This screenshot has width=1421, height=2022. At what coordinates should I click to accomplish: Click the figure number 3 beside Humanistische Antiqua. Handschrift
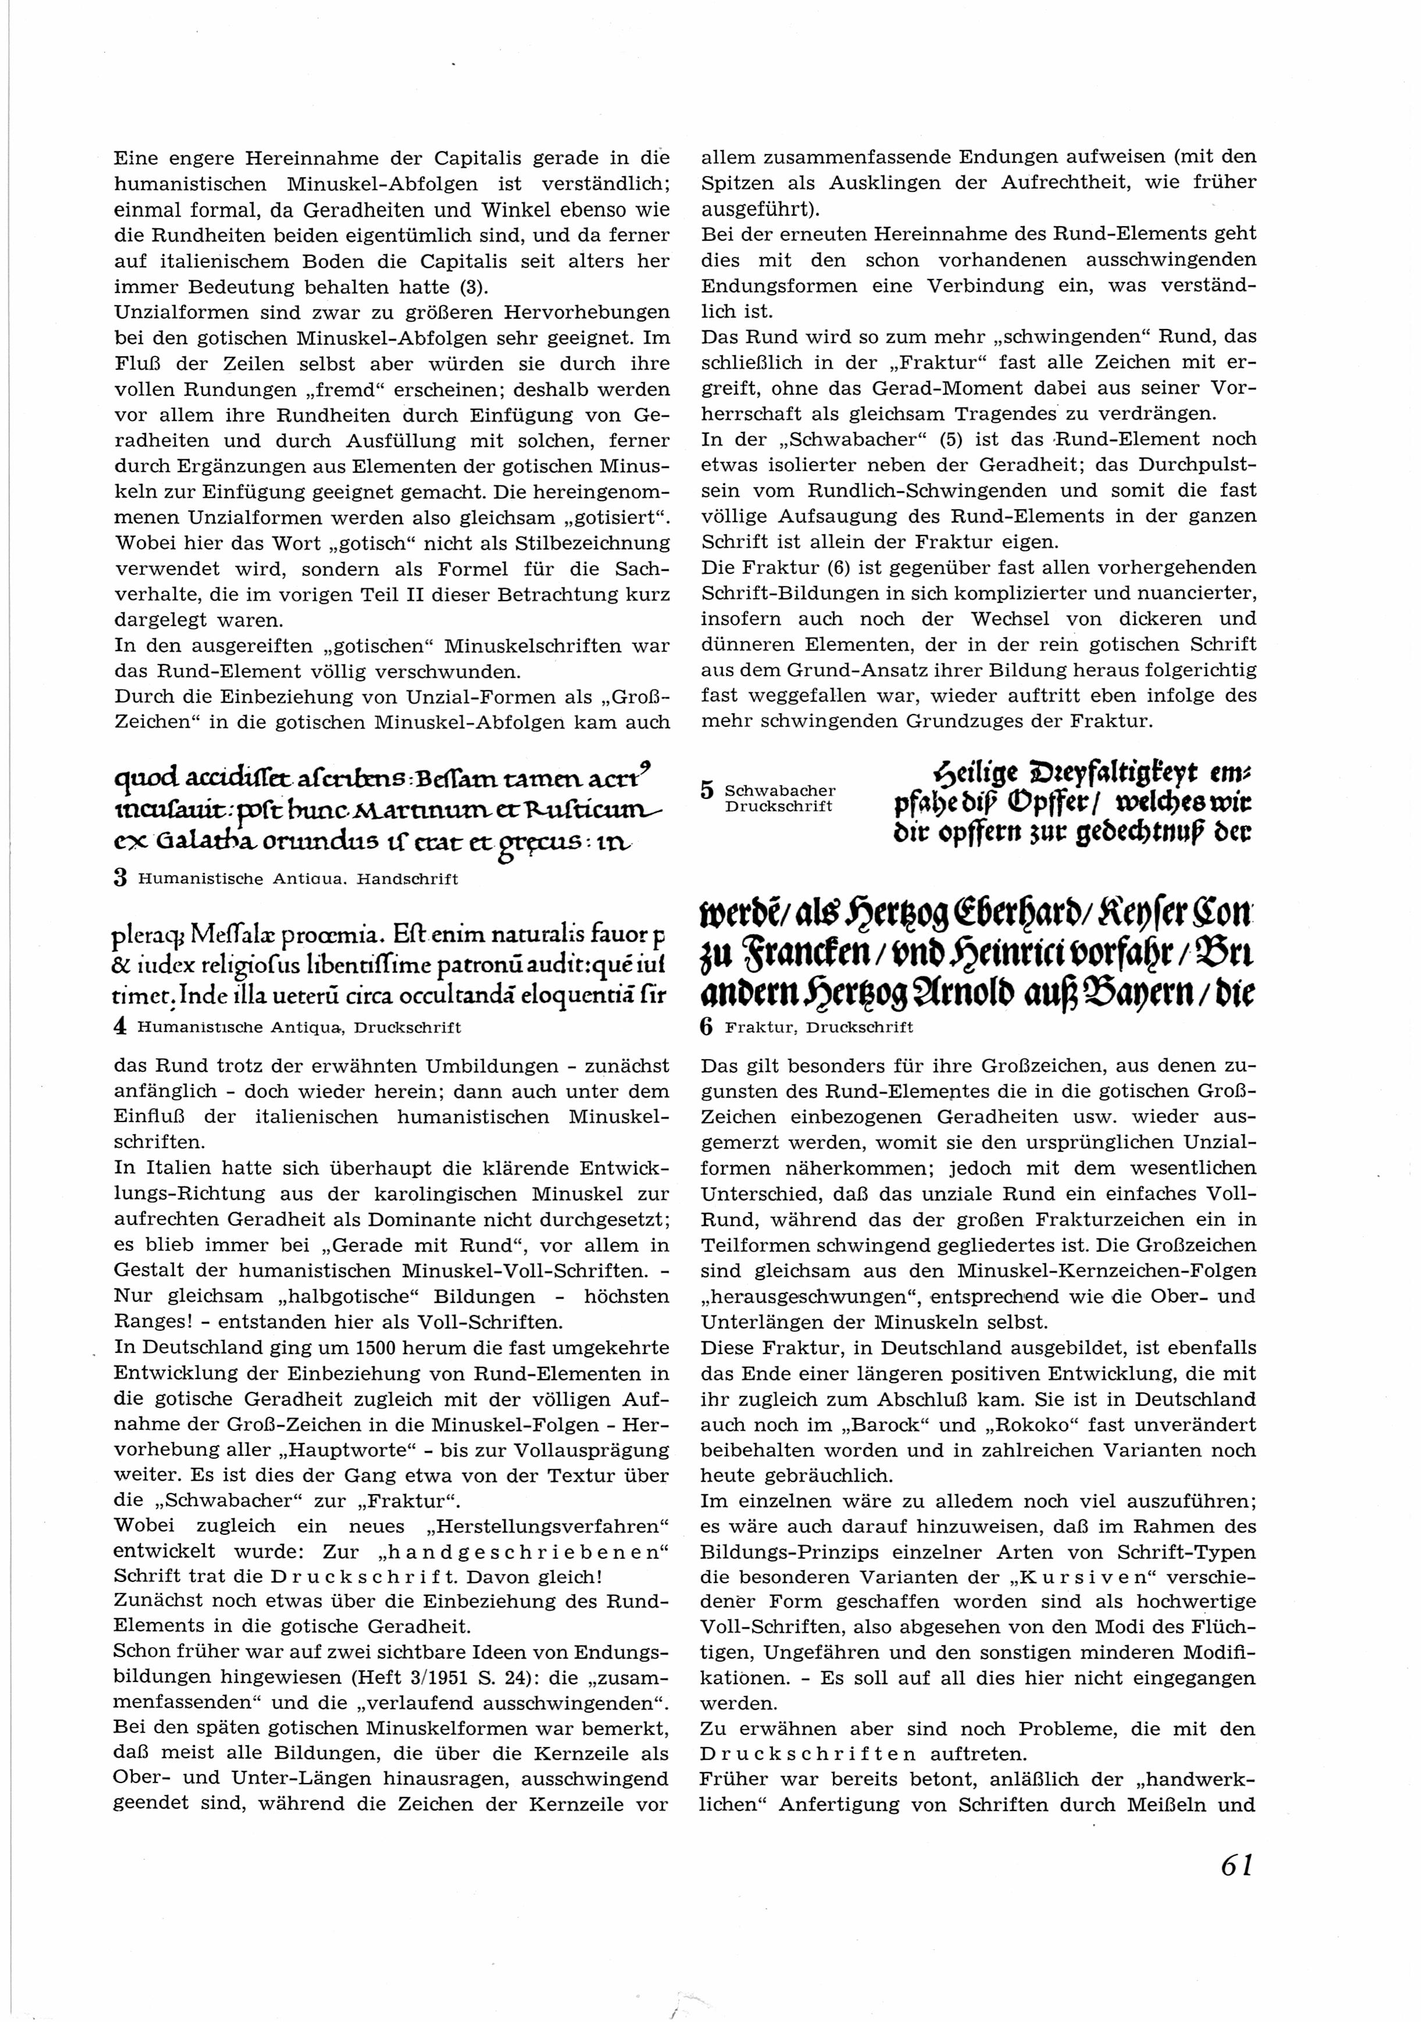(122, 878)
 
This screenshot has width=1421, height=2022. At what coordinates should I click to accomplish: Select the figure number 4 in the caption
(122, 1026)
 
